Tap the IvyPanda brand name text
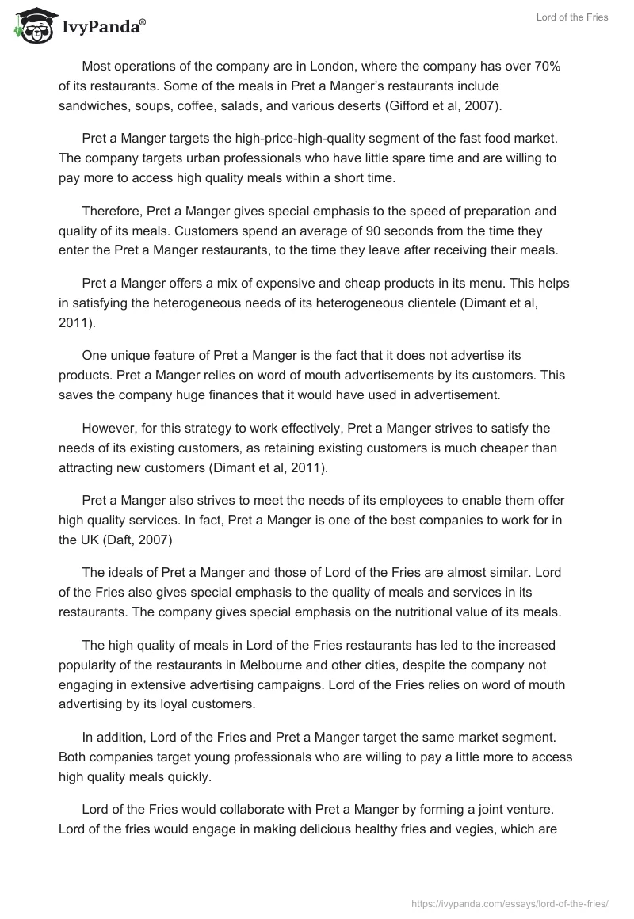point(103,27)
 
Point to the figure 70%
point(545,66)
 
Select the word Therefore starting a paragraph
point(113,211)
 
